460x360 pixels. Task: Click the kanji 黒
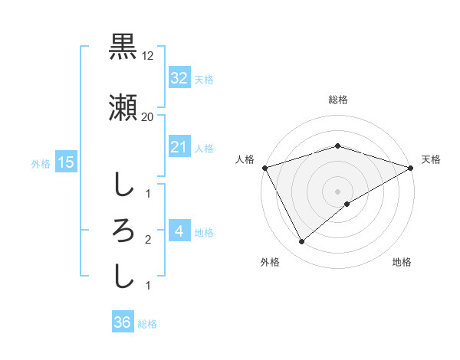123,47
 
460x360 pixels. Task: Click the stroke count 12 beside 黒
148,55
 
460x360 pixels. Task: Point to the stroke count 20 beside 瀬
148,117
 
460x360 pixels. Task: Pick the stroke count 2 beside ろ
148,240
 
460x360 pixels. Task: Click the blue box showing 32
179,78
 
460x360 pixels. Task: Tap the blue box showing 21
179,147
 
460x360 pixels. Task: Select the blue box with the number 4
179,231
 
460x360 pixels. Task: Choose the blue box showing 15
65,162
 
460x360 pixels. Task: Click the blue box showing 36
122,322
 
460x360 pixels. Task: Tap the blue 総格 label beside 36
147,324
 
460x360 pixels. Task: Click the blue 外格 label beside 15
41,163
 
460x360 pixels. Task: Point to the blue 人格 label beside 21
204,148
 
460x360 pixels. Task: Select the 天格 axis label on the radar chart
431,159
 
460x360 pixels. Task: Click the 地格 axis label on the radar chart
402,263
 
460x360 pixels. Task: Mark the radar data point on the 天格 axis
411,168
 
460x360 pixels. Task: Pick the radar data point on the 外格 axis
302,242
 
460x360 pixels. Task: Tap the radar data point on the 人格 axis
264,168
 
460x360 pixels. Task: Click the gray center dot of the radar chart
337,191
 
